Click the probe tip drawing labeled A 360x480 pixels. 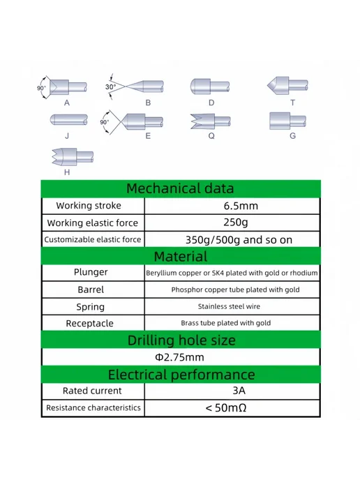[68, 87]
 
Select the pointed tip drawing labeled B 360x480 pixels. [144, 87]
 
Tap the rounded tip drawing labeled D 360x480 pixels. [210, 87]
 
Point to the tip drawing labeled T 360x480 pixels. [287, 85]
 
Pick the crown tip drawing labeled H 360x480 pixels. [73, 157]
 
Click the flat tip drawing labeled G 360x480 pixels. [287, 121]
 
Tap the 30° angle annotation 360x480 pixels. [110, 87]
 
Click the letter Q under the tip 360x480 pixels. [211, 136]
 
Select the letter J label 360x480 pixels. [67, 136]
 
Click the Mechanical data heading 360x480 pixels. [180, 188]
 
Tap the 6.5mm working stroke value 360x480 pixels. [241, 206]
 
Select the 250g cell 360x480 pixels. [235, 223]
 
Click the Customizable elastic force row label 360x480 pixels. [93, 239]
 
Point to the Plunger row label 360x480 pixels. [91, 272]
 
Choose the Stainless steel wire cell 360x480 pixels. [229, 306]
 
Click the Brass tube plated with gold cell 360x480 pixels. [226, 323]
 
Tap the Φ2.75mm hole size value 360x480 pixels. [179, 357]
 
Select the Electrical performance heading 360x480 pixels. [181, 375]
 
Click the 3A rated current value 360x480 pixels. [239, 391]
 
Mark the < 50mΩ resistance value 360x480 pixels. [226, 407]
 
